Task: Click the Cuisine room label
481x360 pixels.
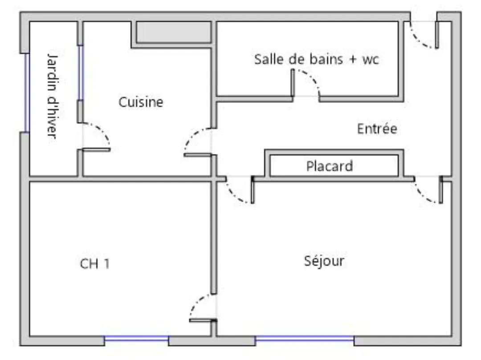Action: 141,102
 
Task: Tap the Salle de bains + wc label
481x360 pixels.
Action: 316,59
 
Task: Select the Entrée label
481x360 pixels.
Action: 377,129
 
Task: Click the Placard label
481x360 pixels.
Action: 330,166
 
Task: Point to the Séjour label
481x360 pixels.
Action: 324,261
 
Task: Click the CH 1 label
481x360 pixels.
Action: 94,264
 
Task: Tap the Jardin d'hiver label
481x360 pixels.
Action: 53,96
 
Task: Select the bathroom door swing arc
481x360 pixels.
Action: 309,80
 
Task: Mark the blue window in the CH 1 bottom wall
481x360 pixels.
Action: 137,340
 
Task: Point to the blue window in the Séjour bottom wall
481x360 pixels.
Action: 305,340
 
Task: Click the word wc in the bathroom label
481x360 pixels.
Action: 371,60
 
